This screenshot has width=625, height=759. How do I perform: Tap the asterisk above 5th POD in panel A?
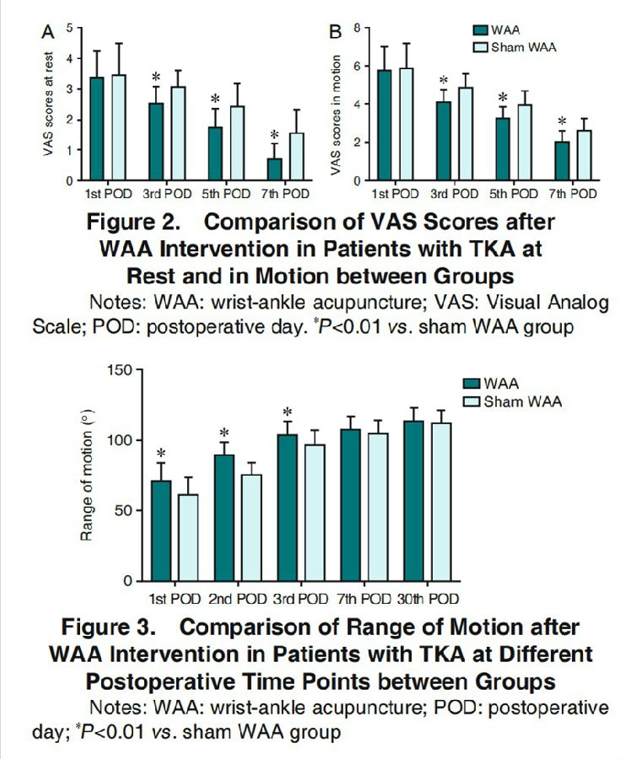pyautogui.click(x=215, y=98)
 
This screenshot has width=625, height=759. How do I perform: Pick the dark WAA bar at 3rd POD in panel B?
pyautogui.click(x=444, y=141)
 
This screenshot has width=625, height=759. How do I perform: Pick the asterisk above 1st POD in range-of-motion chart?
pyautogui.click(x=160, y=452)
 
